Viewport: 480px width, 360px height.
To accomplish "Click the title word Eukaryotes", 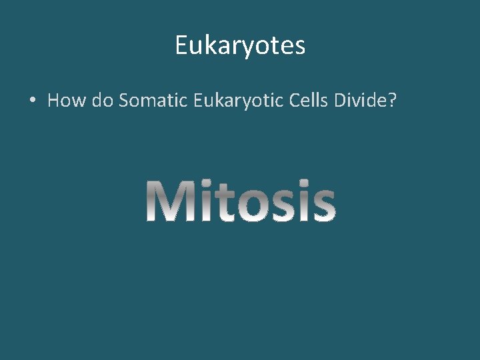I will [240, 46].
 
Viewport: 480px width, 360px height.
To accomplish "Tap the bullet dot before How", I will [32, 101].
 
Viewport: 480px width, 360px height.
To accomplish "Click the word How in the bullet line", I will [64, 101].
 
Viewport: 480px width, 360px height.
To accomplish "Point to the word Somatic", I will [153, 101].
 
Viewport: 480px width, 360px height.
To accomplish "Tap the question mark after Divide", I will [393, 101].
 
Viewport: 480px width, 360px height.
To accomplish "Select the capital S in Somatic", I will [125, 101].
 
